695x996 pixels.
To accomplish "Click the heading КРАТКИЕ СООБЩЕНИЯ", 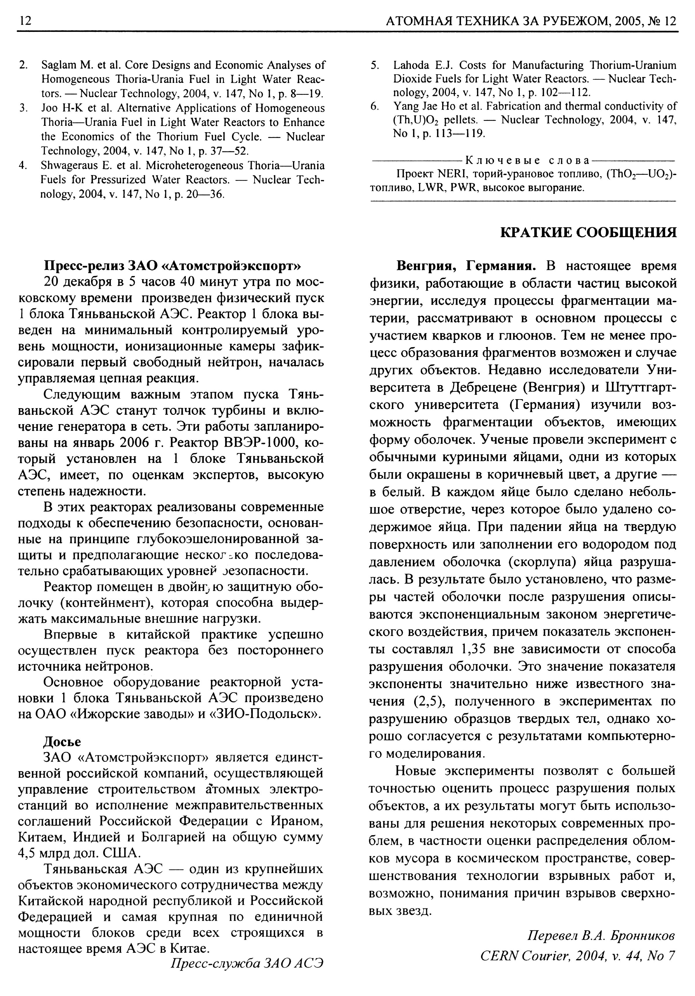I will pyautogui.click(x=588, y=232).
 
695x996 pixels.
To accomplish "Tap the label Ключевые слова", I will pyautogui.click(x=527, y=161).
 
